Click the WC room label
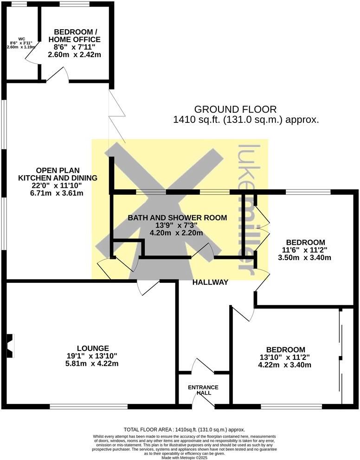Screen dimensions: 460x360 click(x=21, y=39)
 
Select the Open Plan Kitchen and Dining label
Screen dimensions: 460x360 click(x=58, y=173)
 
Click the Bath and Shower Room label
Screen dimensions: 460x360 click(x=178, y=217)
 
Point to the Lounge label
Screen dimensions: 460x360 click(x=93, y=348)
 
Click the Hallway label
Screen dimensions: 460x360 click(x=211, y=282)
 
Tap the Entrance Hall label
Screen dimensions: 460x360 click(x=203, y=390)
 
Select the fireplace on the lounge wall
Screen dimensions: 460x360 click(x=9, y=346)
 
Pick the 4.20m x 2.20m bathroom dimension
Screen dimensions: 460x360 click(x=178, y=233)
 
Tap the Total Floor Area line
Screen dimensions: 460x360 click(x=184, y=430)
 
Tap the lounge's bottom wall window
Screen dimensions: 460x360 click(x=89, y=407)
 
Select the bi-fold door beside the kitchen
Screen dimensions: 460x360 click(x=116, y=116)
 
